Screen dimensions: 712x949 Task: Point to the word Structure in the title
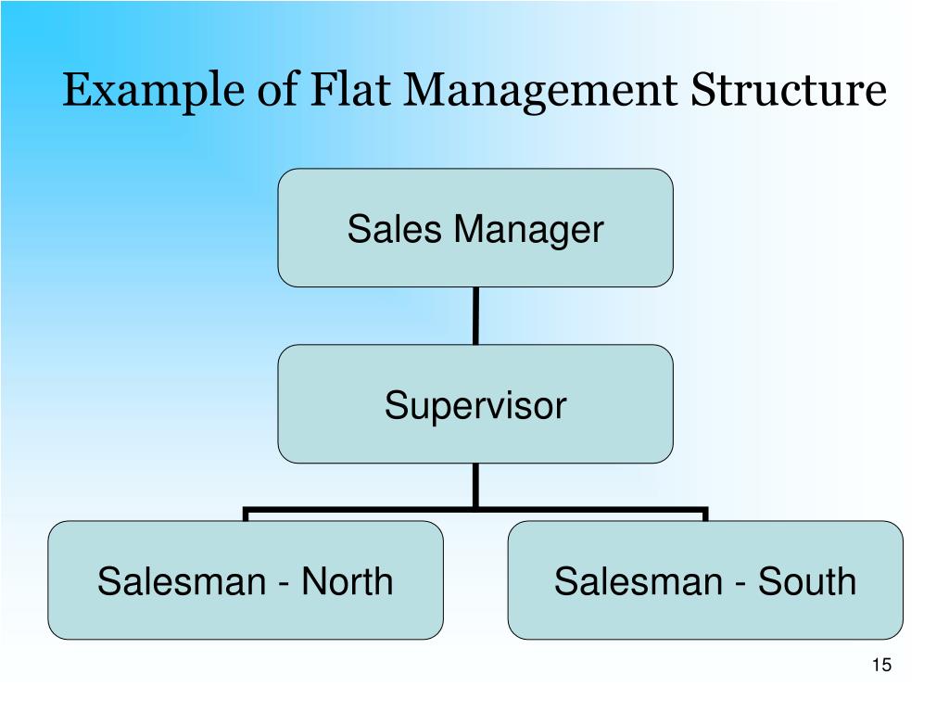point(789,91)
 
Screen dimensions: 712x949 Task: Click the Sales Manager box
point(475,227)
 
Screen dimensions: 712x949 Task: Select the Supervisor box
point(475,404)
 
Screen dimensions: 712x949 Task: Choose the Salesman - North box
point(246,580)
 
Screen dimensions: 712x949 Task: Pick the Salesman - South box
point(705,580)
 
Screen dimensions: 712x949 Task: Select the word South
point(807,581)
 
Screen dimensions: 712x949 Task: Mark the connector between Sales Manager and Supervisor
point(475,315)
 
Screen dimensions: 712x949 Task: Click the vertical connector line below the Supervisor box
point(475,485)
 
